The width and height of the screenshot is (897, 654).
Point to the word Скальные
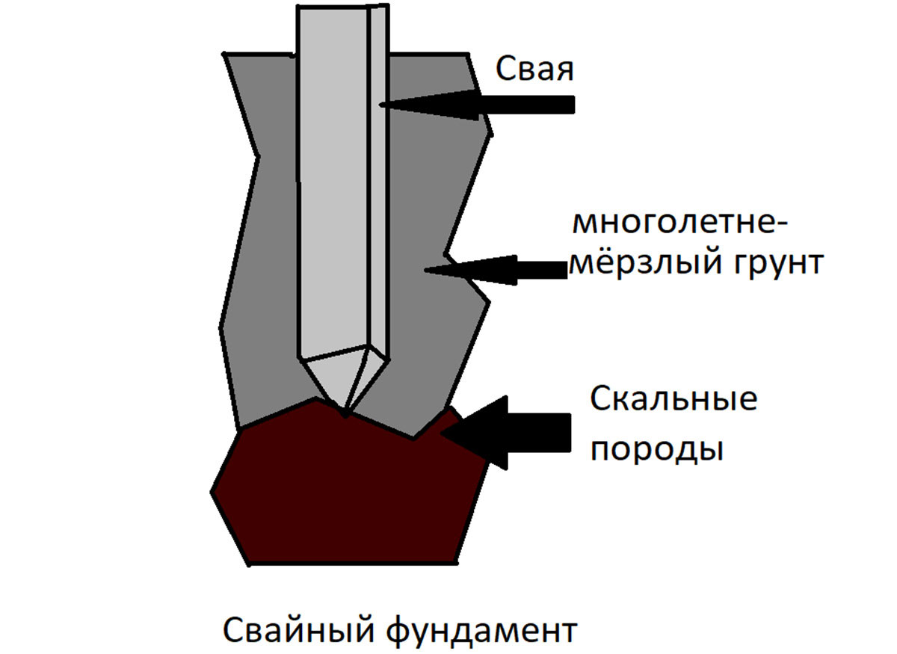pyautogui.click(x=673, y=400)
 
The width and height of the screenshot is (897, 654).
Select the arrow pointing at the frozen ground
pyautogui.click(x=493, y=268)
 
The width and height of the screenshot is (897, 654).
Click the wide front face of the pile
pyautogui.click(x=333, y=187)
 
